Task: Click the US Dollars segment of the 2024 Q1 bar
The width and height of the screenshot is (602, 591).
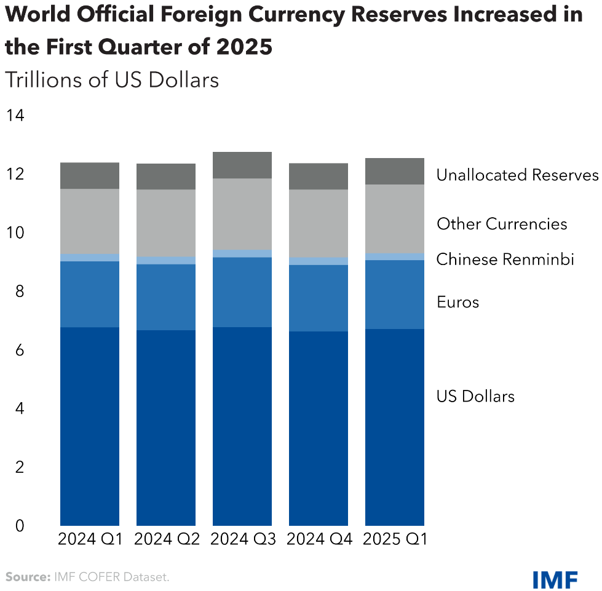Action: click(x=90, y=424)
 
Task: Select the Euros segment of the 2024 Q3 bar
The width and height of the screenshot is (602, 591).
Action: click(x=242, y=292)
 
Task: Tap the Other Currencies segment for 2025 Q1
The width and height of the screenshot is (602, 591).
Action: click(x=395, y=218)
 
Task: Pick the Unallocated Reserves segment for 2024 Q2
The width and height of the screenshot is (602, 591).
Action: click(x=166, y=177)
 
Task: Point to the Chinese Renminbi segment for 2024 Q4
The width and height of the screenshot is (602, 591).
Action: click(x=319, y=261)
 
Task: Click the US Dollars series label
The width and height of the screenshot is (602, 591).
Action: click(x=475, y=396)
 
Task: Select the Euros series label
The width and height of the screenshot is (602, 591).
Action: click(x=457, y=303)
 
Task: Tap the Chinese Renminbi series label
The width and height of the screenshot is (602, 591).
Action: click(x=505, y=260)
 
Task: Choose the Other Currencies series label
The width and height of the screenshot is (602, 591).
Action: click(x=502, y=224)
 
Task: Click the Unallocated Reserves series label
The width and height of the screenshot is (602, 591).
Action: click(x=517, y=175)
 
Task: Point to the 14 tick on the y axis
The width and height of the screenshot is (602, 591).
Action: click(x=15, y=116)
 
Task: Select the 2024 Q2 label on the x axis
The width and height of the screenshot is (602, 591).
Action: click(x=166, y=539)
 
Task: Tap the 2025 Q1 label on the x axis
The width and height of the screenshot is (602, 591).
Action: click(x=395, y=539)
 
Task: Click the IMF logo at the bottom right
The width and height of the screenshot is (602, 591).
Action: click(x=555, y=578)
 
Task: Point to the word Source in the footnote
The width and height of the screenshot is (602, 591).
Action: click(x=26, y=577)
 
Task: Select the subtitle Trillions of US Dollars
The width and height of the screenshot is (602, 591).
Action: click(x=111, y=80)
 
